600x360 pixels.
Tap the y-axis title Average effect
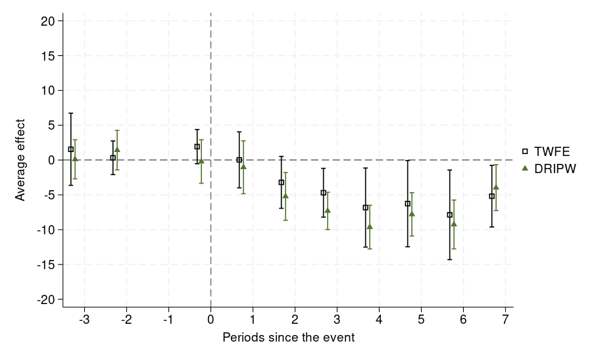point(20,160)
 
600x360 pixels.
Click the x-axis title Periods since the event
point(289,338)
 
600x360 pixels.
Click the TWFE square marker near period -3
point(71,149)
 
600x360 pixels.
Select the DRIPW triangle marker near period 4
point(370,226)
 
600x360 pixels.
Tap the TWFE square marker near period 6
point(450,215)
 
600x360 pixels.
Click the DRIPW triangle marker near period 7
point(496,187)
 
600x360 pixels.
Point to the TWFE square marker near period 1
point(239,160)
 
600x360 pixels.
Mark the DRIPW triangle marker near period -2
point(117,150)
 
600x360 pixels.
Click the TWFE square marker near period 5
point(408,204)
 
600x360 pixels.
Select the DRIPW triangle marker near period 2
point(286,196)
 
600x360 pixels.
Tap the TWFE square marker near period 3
point(324,193)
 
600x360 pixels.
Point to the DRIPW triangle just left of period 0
point(201,161)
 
